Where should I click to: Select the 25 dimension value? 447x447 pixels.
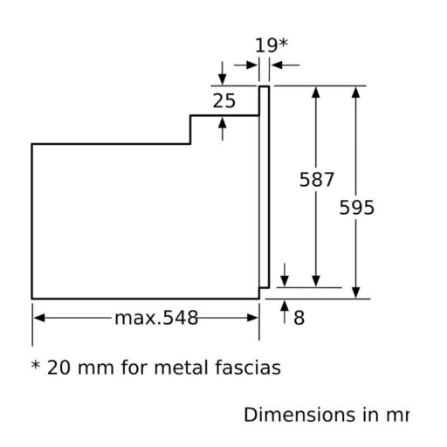tap(224, 101)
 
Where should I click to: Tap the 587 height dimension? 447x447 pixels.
tap(316, 180)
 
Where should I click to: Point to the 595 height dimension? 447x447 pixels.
tap(356, 207)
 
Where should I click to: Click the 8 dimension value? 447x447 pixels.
tap(299, 319)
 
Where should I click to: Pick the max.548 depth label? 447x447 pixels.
tap(156, 318)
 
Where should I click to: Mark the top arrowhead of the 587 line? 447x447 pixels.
tap(316, 92)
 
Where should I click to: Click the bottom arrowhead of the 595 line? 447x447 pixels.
tap(355, 292)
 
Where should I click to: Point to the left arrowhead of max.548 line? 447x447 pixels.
tap(39, 318)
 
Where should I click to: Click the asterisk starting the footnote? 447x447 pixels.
tap(36, 366)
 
